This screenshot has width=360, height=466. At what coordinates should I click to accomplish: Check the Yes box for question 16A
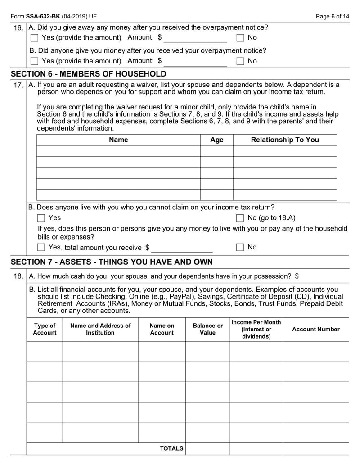34,38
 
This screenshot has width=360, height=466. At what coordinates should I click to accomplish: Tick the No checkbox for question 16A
240,38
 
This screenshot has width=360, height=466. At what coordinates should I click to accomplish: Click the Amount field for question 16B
195,61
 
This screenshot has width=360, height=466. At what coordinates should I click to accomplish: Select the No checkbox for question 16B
240,61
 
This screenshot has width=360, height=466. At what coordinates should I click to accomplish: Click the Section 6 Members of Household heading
88,74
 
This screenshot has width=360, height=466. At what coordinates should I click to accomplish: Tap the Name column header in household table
118,140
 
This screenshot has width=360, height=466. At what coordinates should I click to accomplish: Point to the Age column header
216,140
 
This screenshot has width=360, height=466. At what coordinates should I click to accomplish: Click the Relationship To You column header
284,140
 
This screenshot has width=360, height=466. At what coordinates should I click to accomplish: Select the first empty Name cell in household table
118,151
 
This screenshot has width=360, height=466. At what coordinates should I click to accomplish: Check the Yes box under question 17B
41,218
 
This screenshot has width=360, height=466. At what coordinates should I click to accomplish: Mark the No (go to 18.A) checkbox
240,218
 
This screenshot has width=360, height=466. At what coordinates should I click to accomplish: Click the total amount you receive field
182,248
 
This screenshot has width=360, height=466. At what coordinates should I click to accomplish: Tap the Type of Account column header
45,329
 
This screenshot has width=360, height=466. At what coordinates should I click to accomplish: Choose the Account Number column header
316,329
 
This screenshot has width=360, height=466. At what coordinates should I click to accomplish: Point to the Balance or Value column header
207,329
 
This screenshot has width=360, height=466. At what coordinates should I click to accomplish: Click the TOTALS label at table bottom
171,448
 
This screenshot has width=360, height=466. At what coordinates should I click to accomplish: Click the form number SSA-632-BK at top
41,17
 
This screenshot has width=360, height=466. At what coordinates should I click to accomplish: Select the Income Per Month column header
256,329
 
